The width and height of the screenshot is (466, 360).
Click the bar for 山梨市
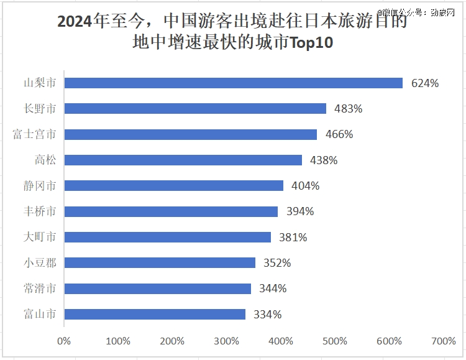point(233,83)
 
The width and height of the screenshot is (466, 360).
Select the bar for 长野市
point(195,108)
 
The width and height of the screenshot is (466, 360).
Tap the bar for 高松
point(183,160)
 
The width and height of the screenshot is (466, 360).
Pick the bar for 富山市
point(155,314)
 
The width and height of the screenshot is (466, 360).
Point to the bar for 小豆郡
point(160,262)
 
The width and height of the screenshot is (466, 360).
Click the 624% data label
point(425,83)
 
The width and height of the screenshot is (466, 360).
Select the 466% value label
point(339,134)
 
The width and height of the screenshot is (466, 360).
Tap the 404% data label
point(306,186)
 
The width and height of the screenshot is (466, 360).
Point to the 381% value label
point(293,237)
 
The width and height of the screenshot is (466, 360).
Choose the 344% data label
point(273,288)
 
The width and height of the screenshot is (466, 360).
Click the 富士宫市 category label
point(35,134)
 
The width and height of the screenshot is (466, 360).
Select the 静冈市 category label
point(40,186)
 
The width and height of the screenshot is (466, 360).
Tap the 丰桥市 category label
point(40,211)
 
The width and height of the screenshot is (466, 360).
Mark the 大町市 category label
point(40,237)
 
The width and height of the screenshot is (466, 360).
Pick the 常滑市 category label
point(40,288)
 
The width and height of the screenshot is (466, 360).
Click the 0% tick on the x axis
point(64,341)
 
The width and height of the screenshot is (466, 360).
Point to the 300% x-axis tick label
point(226,341)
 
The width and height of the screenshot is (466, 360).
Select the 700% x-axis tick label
point(443,341)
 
